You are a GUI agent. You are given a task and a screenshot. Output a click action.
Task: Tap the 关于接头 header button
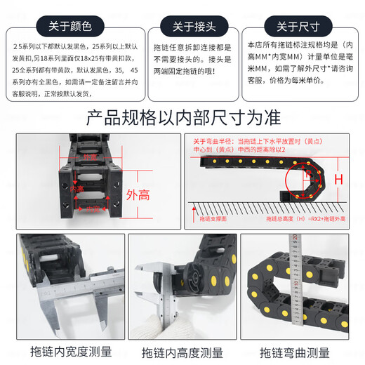click(x=183, y=27)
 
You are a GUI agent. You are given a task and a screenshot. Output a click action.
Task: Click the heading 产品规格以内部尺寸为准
click(x=182, y=117)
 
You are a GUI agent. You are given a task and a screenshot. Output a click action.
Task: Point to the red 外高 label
click(x=138, y=194)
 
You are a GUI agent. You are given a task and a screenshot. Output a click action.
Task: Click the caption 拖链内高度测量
click(x=182, y=351)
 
